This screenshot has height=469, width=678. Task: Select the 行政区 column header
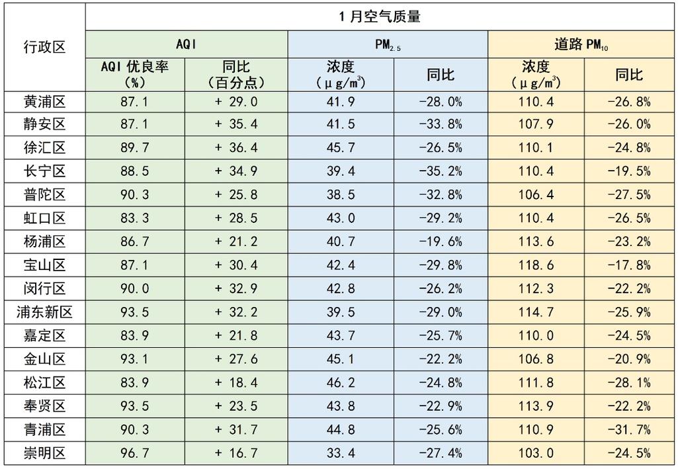[44, 47]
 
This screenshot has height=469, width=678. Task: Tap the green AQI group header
[187, 44]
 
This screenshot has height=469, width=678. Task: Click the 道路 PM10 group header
[581, 44]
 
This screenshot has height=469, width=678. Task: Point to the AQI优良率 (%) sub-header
[135, 74]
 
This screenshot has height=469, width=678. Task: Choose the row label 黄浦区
[44, 101]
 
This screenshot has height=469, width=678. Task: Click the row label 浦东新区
[44, 313]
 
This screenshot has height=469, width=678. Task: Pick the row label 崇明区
[44, 454]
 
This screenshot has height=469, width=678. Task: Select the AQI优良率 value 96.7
[135, 454]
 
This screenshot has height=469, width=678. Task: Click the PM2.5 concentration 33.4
[340, 454]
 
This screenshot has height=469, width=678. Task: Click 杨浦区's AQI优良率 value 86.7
[135, 242]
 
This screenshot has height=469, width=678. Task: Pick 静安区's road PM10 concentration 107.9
[536, 124]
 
